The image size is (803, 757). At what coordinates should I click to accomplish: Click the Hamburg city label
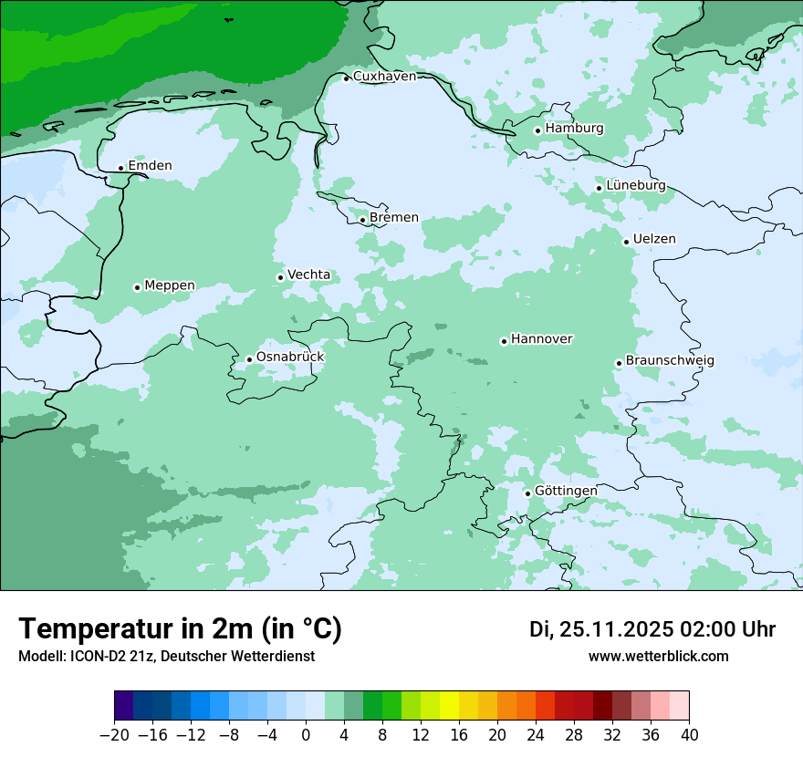(x=574, y=129)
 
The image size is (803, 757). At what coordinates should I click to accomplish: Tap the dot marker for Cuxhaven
(x=347, y=78)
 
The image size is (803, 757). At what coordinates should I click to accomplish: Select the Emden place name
(x=150, y=166)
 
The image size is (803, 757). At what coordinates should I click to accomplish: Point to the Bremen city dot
(x=362, y=220)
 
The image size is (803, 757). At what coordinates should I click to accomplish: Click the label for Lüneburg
(x=636, y=185)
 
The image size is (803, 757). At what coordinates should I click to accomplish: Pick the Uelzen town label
(x=654, y=239)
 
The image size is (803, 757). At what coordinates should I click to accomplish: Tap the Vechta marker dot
(x=280, y=277)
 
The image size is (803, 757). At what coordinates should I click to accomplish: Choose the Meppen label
(x=170, y=285)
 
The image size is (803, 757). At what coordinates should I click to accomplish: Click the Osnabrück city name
(x=290, y=357)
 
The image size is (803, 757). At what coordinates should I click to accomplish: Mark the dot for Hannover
(x=504, y=341)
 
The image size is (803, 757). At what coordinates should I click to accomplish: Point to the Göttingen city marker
(x=527, y=493)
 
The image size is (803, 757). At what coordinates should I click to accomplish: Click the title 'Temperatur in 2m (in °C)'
(x=181, y=628)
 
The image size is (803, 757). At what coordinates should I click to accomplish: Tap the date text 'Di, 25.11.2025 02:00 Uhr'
(x=652, y=629)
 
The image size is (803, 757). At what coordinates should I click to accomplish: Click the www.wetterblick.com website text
(x=658, y=657)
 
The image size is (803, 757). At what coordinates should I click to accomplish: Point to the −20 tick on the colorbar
(x=115, y=735)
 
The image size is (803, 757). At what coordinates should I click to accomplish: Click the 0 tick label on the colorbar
(x=306, y=735)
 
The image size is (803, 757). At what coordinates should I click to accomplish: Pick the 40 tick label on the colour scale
(x=689, y=735)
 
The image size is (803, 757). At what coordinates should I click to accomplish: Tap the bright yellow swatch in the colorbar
(x=449, y=706)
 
